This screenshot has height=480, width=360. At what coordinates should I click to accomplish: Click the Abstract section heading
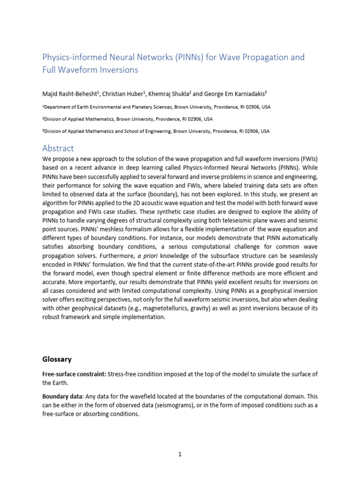coord(58,149)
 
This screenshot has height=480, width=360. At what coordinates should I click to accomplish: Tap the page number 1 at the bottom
coord(180,454)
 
